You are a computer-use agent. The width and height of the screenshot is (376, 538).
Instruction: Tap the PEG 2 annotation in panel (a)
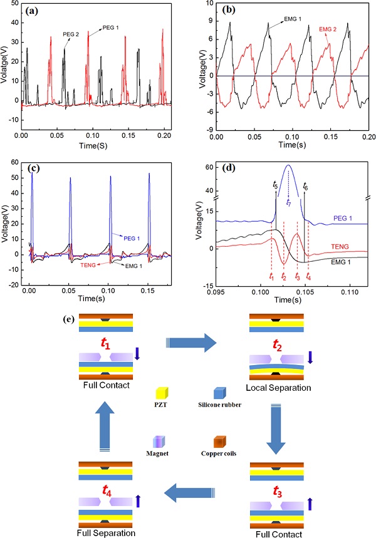[71, 35]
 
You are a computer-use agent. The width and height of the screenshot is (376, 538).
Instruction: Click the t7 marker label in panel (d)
[288, 202]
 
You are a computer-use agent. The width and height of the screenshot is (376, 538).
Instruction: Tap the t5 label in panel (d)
[276, 185]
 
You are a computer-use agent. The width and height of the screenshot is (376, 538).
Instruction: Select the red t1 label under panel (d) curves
[271, 276]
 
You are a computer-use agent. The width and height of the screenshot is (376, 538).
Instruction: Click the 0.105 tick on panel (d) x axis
[304, 293]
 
